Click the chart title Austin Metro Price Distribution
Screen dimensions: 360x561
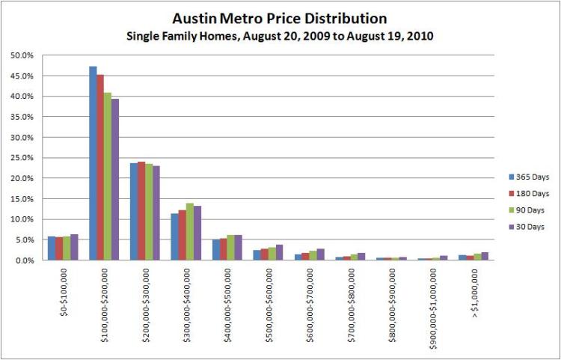(x=280, y=17)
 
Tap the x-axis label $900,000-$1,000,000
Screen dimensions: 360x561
(x=435, y=305)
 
